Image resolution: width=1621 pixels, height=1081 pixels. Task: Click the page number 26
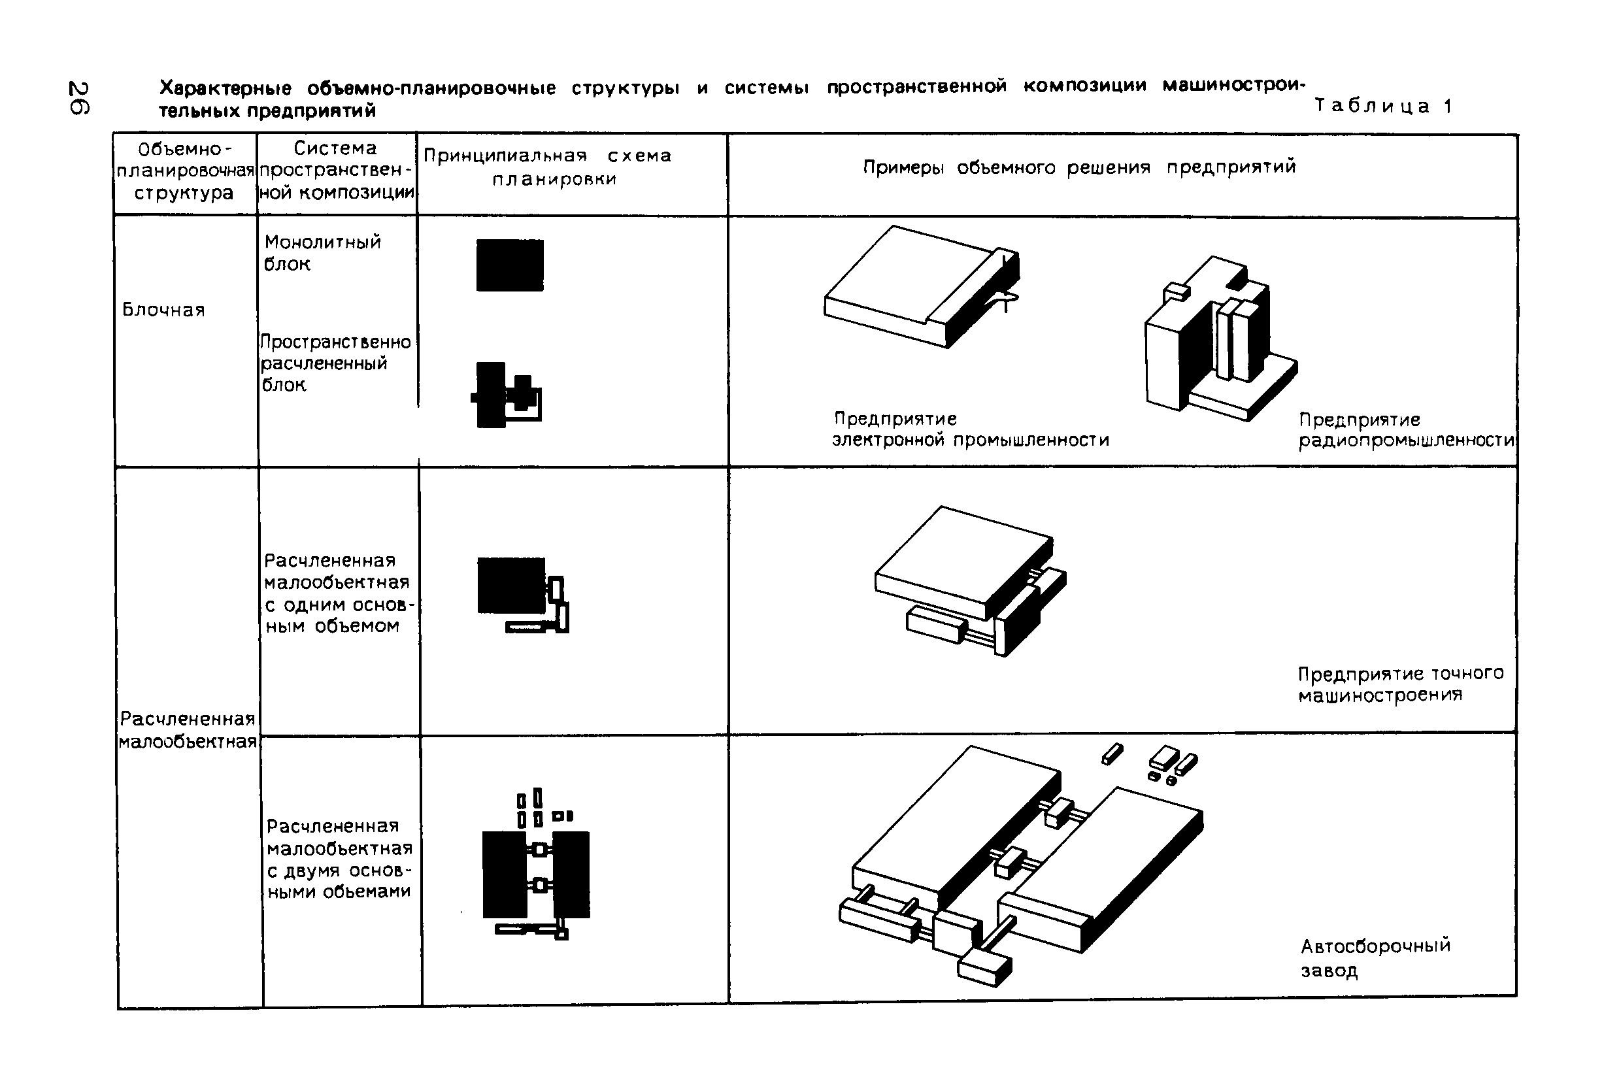pyautogui.click(x=78, y=99)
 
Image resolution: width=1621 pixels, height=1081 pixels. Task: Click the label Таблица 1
pyautogui.click(x=1383, y=106)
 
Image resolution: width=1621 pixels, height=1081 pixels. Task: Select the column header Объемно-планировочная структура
pyautogui.click(x=184, y=171)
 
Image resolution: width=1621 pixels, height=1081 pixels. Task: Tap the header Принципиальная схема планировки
pyautogui.click(x=549, y=167)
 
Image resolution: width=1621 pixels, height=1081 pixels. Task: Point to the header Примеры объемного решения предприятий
pyautogui.click(x=1079, y=167)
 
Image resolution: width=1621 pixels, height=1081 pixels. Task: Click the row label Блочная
pyautogui.click(x=163, y=310)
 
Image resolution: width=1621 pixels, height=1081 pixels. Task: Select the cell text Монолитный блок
pyautogui.click(x=322, y=252)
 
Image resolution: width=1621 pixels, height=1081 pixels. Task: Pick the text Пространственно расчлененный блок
pyautogui.click(x=335, y=363)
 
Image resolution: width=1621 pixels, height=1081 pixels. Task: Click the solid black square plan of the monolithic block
pyautogui.click(x=510, y=265)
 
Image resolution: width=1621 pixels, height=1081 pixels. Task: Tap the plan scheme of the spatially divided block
pyautogui.click(x=506, y=395)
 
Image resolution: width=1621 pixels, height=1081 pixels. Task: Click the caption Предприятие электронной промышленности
pyautogui.click(x=970, y=429)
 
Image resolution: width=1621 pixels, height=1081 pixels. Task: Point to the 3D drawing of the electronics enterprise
pyautogui.click(x=922, y=286)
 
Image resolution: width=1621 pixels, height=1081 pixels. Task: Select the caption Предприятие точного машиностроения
pyautogui.click(x=1399, y=684)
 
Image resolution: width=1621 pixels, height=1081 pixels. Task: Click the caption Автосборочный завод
pyautogui.click(x=1375, y=957)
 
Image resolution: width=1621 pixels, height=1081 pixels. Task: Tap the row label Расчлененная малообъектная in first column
pyautogui.click(x=188, y=730)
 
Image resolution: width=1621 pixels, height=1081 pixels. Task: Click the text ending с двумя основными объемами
pyautogui.click(x=339, y=858)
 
